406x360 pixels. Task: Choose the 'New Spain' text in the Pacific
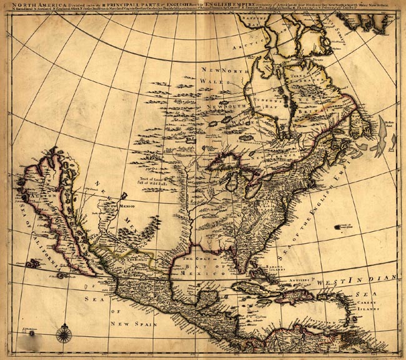point(132,324)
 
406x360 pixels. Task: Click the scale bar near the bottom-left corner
point(29,330)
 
